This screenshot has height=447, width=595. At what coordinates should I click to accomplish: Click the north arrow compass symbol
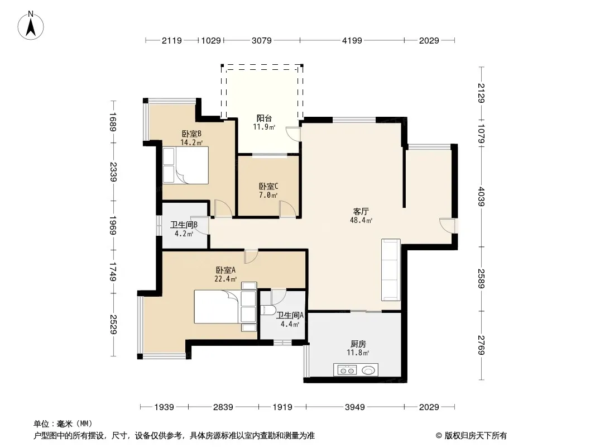[x=31, y=26]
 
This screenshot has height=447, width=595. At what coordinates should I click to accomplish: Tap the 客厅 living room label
[x=361, y=212]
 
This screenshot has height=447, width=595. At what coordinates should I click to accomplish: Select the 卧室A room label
[x=226, y=270]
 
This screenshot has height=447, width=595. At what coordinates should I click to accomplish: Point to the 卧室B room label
[x=191, y=134]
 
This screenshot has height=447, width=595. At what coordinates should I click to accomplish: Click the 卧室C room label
[x=268, y=187]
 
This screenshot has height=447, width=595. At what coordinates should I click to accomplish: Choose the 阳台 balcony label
[x=264, y=118]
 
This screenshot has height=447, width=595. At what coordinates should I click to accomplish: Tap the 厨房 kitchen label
[x=358, y=344]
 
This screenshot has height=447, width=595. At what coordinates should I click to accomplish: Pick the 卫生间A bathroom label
[x=290, y=315]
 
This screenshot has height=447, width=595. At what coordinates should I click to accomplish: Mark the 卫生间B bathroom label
[x=184, y=225]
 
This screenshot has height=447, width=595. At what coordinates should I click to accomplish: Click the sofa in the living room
[x=391, y=270]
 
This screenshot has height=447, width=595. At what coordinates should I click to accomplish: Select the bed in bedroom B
[x=185, y=165]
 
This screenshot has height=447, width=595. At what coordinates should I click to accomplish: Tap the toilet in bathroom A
[x=267, y=310]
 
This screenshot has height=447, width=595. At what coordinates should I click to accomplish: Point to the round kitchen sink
[x=368, y=370]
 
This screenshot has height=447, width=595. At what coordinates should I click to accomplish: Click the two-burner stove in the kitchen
[x=347, y=370]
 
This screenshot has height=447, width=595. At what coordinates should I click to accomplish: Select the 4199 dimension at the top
[x=352, y=40]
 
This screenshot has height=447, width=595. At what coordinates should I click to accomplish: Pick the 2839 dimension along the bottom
[x=223, y=407]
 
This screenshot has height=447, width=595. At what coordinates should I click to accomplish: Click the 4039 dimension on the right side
[x=481, y=196]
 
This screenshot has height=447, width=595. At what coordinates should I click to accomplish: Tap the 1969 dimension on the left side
[x=113, y=225]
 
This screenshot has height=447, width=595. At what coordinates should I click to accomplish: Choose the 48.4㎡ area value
[x=361, y=220]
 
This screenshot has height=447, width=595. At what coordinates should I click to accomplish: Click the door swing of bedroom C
[x=287, y=209]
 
